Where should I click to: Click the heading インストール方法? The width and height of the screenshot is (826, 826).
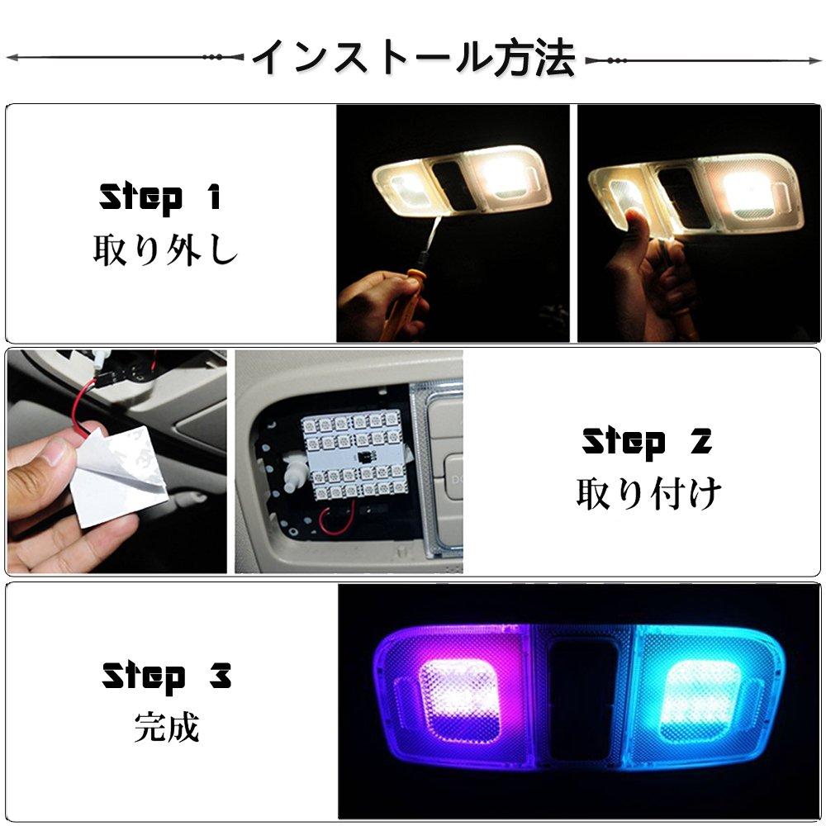[x=414, y=58]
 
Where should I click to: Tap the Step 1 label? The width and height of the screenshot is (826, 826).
[x=160, y=197]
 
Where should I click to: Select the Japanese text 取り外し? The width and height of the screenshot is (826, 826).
[x=165, y=249]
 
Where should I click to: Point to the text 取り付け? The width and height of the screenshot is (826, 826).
[x=648, y=494]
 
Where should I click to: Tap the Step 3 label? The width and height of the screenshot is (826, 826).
[x=167, y=676]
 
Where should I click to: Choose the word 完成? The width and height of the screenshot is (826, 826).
[x=167, y=727]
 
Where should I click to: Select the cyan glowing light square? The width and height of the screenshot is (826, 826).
[x=697, y=697]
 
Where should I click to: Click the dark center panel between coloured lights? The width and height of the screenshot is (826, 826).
[x=582, y=700]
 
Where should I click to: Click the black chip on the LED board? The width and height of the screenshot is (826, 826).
[x=363, y=457]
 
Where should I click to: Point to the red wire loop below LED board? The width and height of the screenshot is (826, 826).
[x=337, y=521]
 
